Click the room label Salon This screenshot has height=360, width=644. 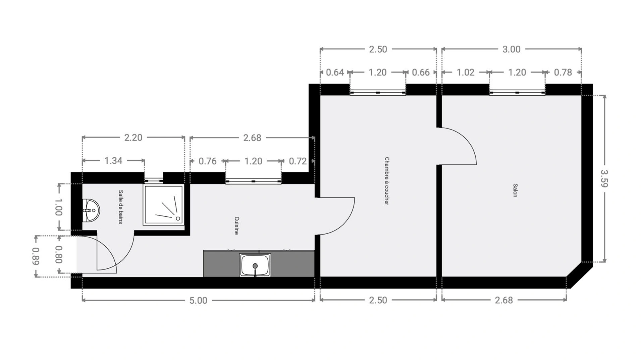click(x=515, y=190)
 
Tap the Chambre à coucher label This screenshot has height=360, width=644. click(x=387, y=181)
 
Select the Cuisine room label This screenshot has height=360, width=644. click(x=236, y=225)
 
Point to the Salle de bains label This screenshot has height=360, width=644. click(x=121, y=207)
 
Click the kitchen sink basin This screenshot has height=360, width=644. click(x=255, y=265)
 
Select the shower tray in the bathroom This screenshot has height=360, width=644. click(x=163, y=205)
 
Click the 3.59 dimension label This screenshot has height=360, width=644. click(x=604, y=178)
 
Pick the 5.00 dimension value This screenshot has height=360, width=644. click(x=198, y=300)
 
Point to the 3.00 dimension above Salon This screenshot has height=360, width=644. click(x=511, y=49)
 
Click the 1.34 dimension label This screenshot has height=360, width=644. click(x=113, y=161)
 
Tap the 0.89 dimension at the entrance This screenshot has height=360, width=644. click(x=36, y=256)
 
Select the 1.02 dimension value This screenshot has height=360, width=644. click(x=466, y=72)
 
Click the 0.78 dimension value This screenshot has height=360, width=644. click(x=563, y=72)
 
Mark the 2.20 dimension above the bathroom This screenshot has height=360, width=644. click(x=133, y=138)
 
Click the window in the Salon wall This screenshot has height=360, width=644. click(x=517, y=92)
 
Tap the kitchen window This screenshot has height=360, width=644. click(x=253, y=182)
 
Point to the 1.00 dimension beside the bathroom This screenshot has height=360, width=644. click(x=58, y=207)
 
